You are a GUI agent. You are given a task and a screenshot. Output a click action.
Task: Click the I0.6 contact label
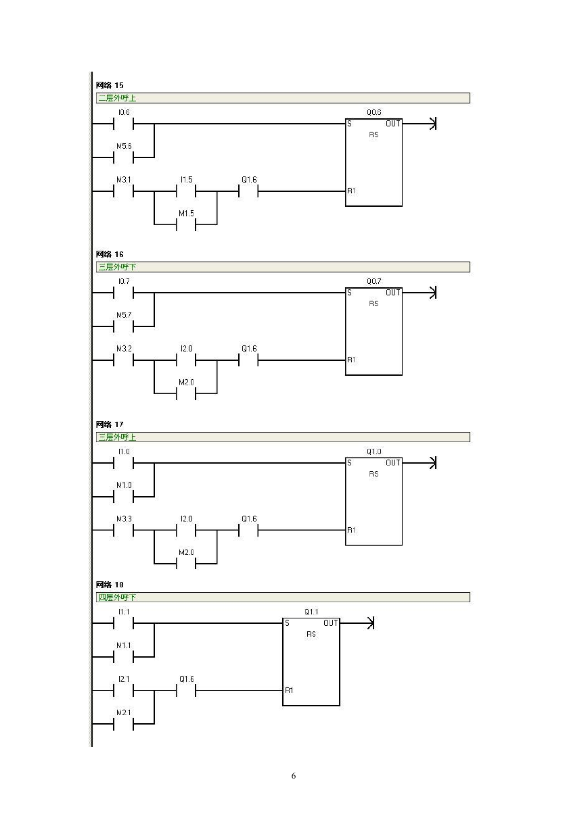tap(124, 112)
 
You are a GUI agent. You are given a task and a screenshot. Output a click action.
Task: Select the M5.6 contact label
tap(124, 146)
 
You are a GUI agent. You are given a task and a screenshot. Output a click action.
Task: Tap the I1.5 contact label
tap(186, 180)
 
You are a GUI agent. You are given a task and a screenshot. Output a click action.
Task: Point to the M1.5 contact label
tap(186, 214)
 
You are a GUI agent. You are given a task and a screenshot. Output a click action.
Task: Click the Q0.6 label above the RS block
tap(374, 112)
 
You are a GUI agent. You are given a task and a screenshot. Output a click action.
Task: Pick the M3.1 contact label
tap(124, 180)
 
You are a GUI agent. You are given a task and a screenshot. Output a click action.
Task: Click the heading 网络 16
tap(110, 254)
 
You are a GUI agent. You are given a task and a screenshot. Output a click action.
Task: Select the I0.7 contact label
tap(124, 281)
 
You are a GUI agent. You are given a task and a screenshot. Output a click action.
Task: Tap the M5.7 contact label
tap(124, 315)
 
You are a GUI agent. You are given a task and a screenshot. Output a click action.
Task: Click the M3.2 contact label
tap(124, 349)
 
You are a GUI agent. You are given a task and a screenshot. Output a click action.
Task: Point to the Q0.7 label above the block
tap(374, 281)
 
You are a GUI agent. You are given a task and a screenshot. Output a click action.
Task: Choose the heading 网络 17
tap(110, 424)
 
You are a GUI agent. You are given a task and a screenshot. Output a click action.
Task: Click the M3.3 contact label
tap(124, 519)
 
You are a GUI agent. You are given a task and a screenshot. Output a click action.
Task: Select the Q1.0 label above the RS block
tap(374, 451)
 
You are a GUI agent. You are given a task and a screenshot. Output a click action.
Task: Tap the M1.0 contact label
tap(124, 485)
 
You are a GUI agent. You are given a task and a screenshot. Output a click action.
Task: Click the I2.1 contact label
tap(124, 679)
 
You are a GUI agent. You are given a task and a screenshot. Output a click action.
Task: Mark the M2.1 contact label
tap(124, 712)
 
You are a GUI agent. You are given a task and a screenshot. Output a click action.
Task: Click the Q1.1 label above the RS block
tap(311, 612)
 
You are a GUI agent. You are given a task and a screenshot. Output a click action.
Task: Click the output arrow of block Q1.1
tap(357, 623)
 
